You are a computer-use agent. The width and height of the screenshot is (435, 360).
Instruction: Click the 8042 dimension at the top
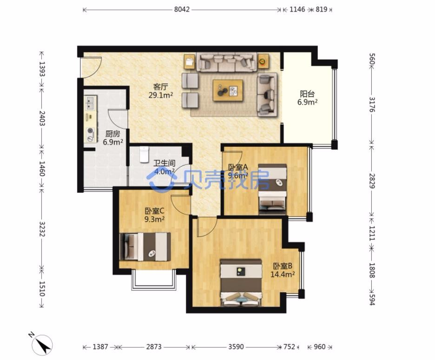point(182,9)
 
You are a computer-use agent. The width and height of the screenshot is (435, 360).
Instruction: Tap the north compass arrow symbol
point(42,345)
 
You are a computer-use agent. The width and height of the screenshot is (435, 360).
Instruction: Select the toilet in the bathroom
point(144,155)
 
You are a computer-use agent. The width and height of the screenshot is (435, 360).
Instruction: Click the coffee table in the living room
point(228,91)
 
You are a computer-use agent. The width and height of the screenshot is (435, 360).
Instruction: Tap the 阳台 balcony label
point(307,94)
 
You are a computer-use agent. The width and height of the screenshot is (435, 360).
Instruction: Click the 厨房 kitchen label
point(112,134)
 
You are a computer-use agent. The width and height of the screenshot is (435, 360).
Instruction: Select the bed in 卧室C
point(145,247)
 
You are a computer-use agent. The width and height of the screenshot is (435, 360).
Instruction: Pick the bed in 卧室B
point(241,282)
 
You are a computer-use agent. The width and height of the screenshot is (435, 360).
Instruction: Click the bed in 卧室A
point(272,189)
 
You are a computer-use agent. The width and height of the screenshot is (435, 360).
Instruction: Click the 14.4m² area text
point(283,275)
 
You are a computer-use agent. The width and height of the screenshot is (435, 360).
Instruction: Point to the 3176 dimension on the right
point(372,105)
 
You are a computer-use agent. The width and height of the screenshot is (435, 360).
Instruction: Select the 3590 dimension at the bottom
point(236,347)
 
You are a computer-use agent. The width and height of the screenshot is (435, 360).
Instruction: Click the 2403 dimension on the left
point(42,118)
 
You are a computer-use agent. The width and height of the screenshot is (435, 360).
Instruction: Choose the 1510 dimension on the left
point(42,289)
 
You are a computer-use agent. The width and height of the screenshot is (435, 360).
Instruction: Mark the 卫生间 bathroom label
point(165,163)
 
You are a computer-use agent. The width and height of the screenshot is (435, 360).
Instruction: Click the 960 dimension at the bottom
point(319,347)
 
